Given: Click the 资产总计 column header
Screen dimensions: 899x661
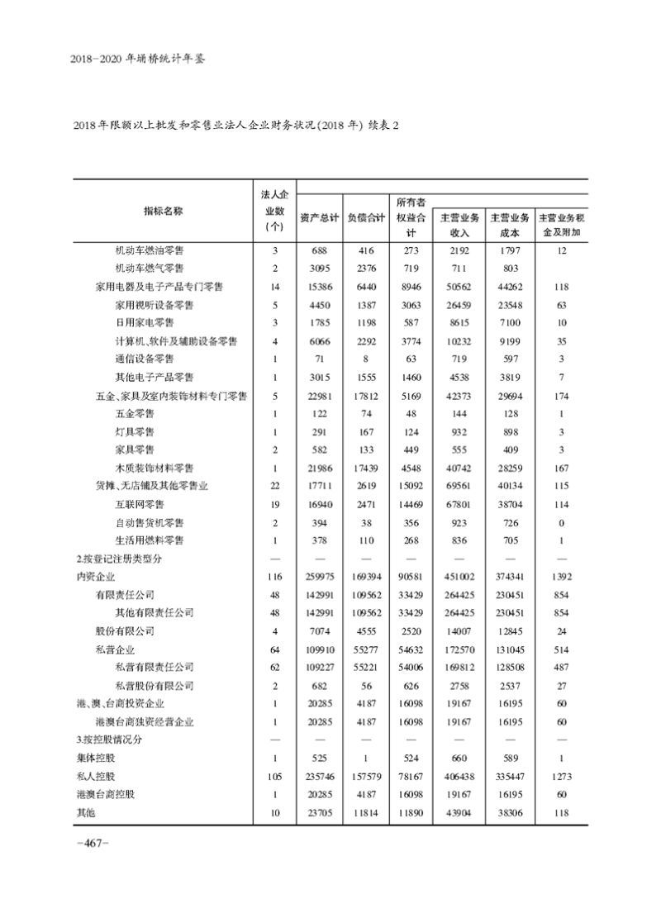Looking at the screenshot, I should click(319, 218).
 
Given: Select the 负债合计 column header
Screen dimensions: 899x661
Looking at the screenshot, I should click(366, 218).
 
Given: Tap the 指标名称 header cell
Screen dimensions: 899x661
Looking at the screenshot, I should click(163, 211).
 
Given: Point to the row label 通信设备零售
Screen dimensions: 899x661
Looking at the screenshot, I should click(145, 359).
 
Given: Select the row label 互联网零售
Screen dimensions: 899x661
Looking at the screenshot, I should click(140, 504).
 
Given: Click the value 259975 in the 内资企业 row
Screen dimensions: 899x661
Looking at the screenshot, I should click(319, 577).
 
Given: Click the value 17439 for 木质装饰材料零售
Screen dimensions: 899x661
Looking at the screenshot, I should click(366, 468).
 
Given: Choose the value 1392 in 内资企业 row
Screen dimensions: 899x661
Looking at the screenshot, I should click(561, 577).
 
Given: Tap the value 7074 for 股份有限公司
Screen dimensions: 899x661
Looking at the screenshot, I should click(319, 631).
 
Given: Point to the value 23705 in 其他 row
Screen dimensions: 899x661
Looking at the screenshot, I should click(319, 813).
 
